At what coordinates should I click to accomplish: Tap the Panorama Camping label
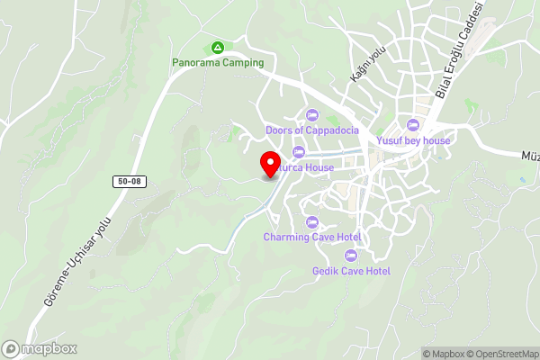coord(219,63)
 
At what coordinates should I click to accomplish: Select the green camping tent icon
coord(217,47)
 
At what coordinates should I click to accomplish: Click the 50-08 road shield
coord(128,182)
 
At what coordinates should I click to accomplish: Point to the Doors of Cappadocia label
coord(312,130)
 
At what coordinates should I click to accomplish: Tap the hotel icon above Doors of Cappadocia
coord(312,114)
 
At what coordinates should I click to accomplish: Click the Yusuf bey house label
coord(413,140)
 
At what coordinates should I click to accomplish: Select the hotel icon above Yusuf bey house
coord(413,125)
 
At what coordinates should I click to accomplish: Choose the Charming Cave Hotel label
coord(312,237)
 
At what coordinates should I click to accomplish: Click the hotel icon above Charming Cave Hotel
coord(312,221)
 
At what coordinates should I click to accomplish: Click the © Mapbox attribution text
coord(444,354)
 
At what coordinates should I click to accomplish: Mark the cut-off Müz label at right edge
coord(530,156)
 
